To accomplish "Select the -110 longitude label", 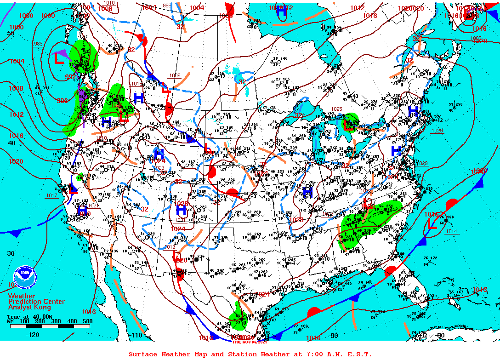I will point(136,335).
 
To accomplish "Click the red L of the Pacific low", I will point(59,58).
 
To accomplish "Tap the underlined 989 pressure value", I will point(38,44).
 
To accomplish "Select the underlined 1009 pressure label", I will point(175,75).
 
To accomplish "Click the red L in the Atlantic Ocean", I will point(432,223).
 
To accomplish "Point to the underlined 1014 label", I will point(451,231).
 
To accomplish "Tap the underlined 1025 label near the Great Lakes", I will point(337,109).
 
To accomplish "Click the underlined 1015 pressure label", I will point(136,84).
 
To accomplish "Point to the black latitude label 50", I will point(11,33).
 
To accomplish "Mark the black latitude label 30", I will point(11,253).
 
